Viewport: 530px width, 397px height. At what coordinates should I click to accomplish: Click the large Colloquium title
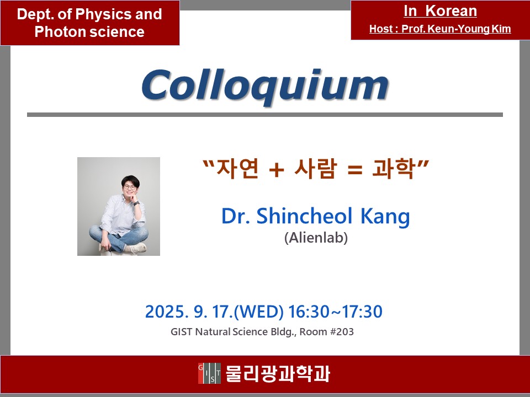264,85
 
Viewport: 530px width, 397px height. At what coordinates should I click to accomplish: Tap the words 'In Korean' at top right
440,11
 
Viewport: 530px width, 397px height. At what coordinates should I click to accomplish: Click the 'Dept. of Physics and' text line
89,14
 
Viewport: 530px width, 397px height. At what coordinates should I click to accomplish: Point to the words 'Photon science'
89,32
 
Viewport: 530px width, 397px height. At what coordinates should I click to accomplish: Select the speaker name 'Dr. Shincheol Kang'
315,217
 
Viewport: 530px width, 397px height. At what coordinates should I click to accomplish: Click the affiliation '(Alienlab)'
316,239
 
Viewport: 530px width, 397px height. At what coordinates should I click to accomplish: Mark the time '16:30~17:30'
335,312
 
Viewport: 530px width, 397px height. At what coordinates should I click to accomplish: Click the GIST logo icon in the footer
209,374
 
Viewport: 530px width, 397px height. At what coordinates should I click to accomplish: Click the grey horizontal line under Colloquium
264,115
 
